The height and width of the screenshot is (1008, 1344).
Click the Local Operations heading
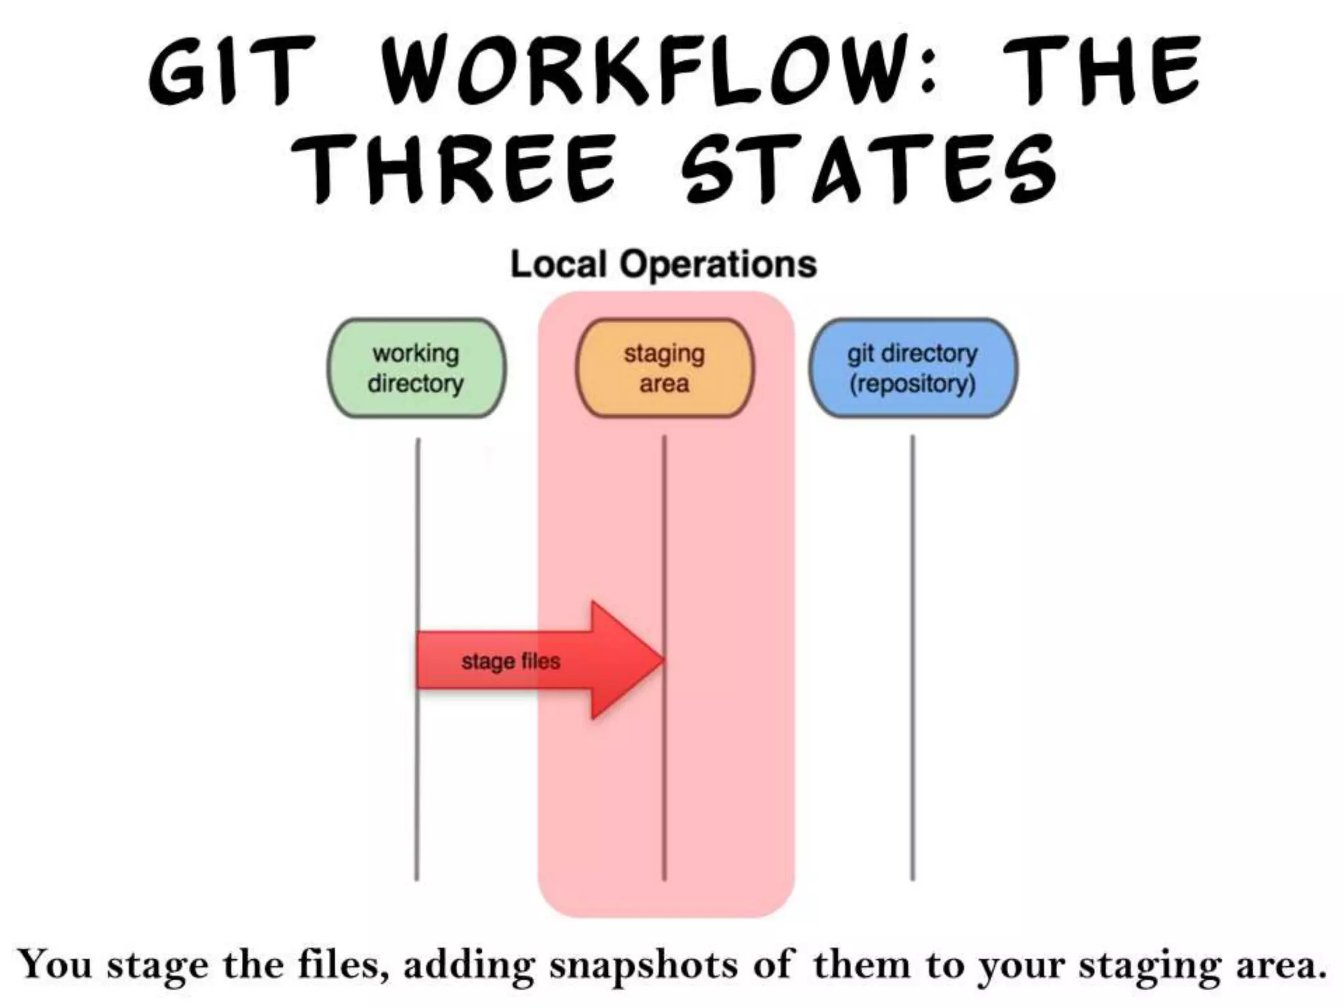663,264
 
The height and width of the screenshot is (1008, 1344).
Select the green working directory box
417,368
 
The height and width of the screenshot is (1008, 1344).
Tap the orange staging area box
664,368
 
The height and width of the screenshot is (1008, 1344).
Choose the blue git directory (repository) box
912,368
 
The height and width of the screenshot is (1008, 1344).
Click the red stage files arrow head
627,660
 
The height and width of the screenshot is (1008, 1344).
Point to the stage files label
511,661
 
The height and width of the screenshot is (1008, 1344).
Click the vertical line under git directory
912,656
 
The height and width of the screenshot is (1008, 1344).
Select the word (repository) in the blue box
912,384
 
